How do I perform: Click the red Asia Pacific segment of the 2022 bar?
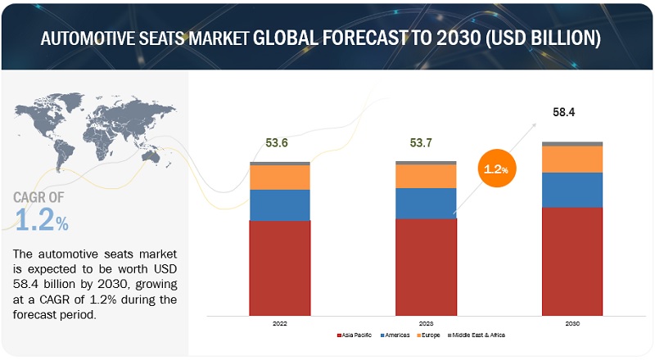click(280, 267)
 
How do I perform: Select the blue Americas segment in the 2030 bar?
click(572, 189)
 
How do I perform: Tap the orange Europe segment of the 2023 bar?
click(426, 176)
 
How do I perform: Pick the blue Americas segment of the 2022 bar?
click(280, 205)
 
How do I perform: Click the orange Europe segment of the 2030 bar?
click(572, 159)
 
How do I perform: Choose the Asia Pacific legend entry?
click(357, 336)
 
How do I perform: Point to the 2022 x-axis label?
click(280, 324)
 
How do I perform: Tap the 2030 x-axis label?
click(572, 324)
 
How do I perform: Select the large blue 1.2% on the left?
click(42, 220)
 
